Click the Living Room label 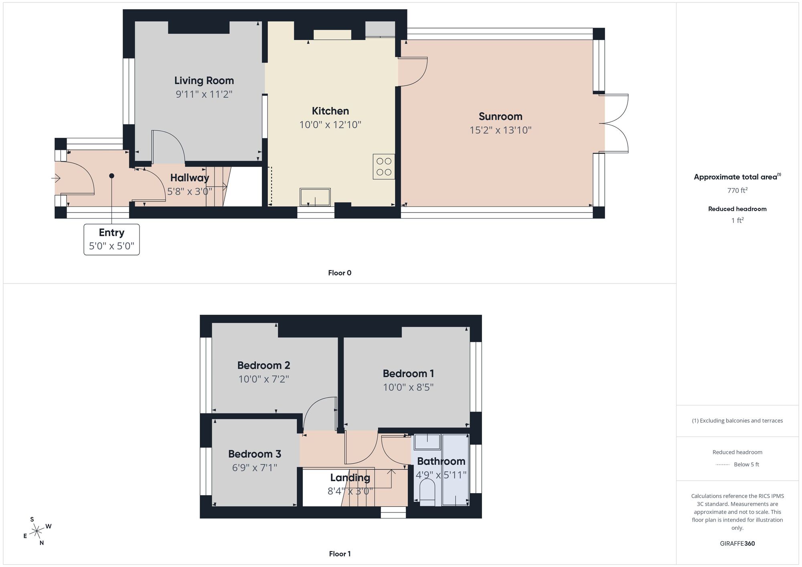pos(204,81)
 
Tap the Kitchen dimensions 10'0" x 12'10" pos(330,125)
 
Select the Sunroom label pos(500,117)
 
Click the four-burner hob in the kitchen pos(384,166)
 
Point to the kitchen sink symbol pos(315,197)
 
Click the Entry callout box pos(111,239)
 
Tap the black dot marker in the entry pos(111,176)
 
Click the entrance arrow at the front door pos(56,178)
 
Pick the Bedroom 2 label pos(263,365)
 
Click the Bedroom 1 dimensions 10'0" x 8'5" pos(408,387)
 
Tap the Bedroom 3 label pos(255,454)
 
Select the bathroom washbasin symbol pos(427,441)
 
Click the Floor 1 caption pos(340,554)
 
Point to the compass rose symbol pos(37,531)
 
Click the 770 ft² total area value pos(737,190)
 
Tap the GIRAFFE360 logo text pos(737,544)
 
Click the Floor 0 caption pos(340,273)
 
